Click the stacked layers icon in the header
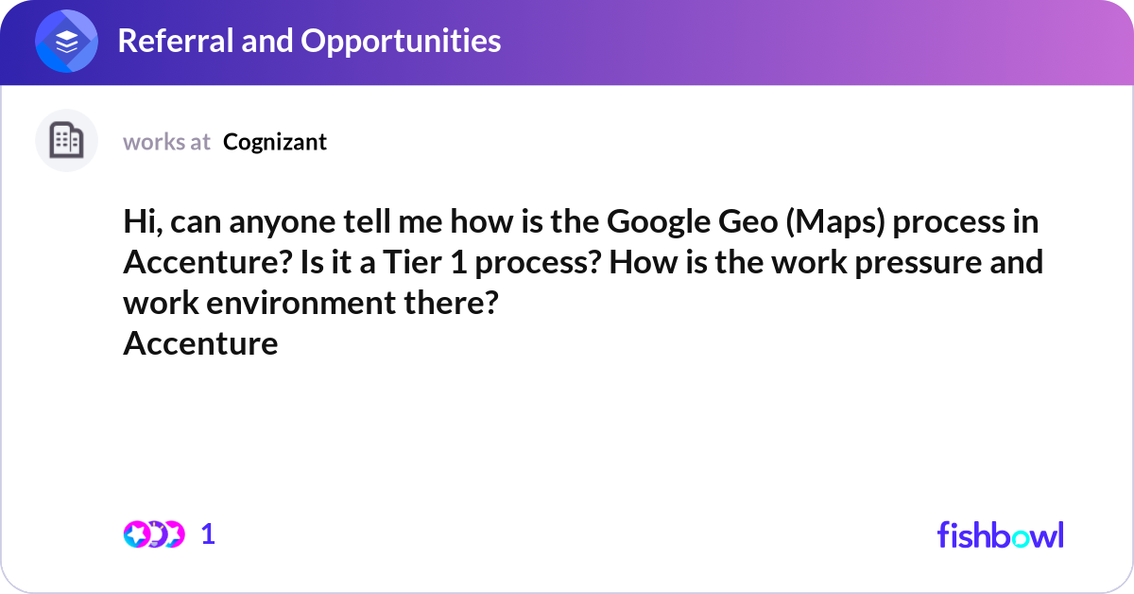pos(67,42)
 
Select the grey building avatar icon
pos(66,141)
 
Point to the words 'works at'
pos(166,142)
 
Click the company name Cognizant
pos(275,142)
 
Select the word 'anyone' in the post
pos(270,222)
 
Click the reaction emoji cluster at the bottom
pos(153,534)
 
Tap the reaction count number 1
pos(209,534)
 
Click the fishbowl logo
pos(1000,534)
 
